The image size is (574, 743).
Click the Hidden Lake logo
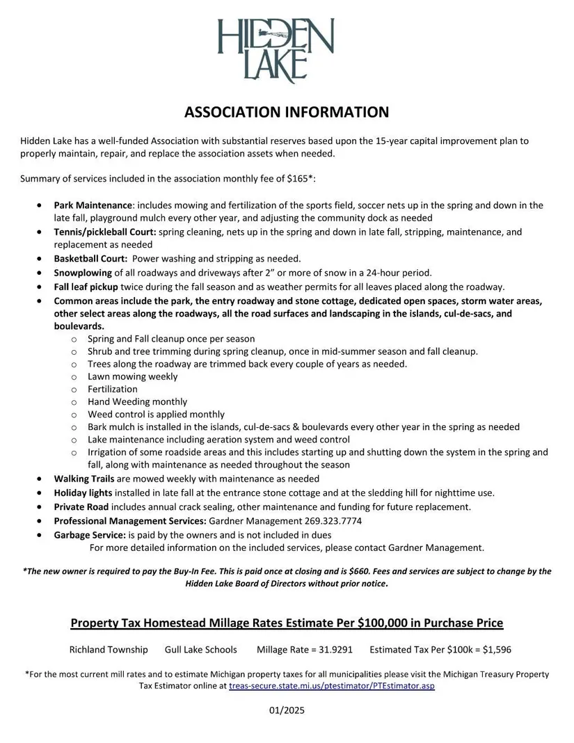click(x=276, y=49)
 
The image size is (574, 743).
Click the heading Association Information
click(x=287, y=112)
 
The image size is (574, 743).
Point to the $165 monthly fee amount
click(x=298, y=179)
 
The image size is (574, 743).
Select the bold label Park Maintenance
click(x=93, y=205)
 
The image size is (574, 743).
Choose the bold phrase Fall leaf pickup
click(x=87, y=287)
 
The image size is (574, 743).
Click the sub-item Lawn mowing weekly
click(x=132, y=376)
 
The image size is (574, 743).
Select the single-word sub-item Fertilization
click(x=112, y=389)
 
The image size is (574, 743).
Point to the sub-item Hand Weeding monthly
click(x=137, y=401)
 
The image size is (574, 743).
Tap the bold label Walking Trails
click(x=80, y=479)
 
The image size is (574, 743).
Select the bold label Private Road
click(x=81, y=506)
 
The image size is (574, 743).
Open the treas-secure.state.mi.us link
click(x=332, y=686)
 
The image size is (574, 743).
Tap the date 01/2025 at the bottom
click(x=287, y=711)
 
